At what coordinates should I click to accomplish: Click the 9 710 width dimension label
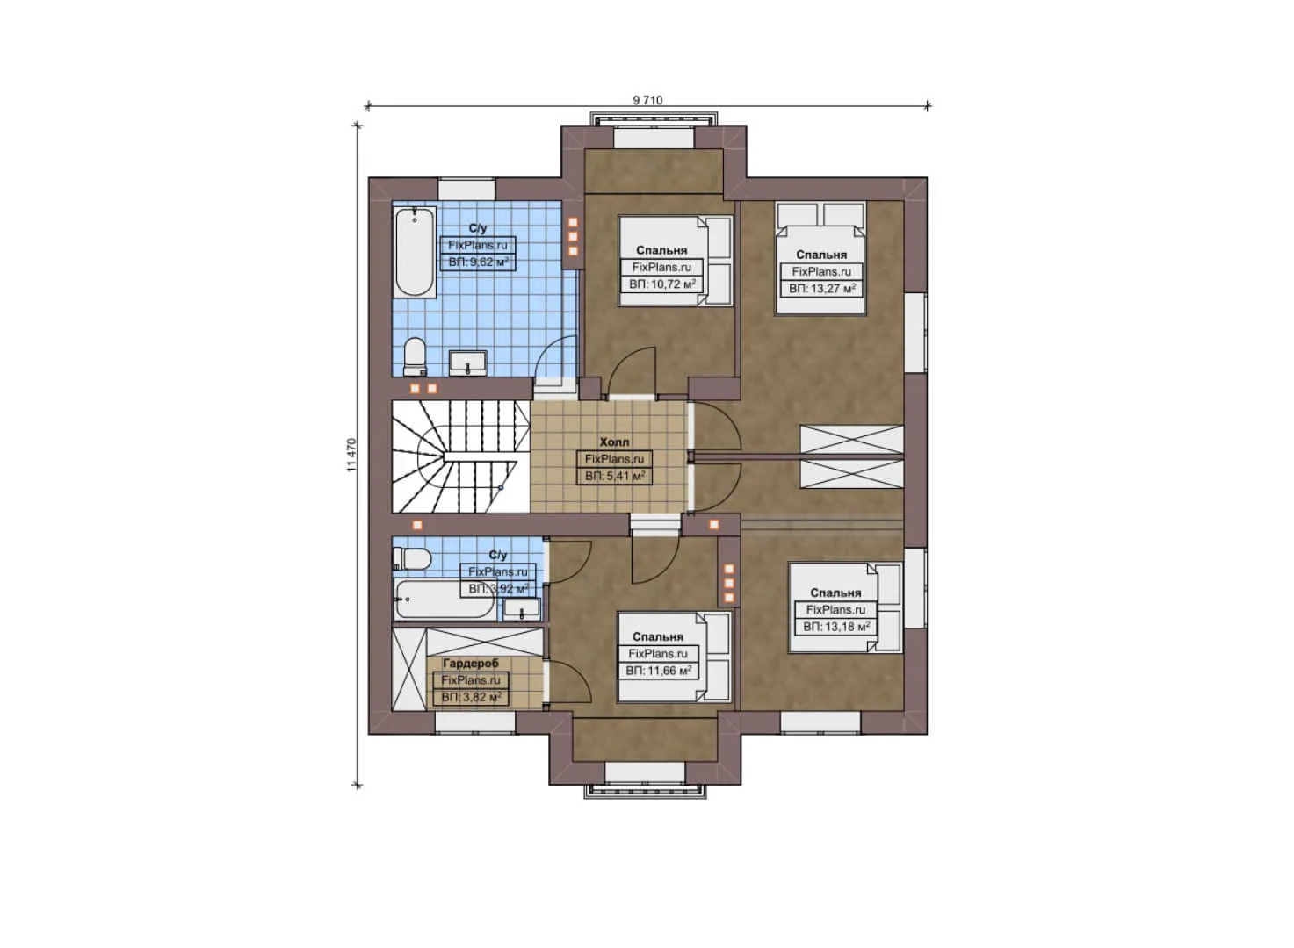647,100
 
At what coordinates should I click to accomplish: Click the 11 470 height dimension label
351,455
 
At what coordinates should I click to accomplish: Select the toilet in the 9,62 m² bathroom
414,356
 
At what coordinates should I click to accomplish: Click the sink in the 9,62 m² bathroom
467,362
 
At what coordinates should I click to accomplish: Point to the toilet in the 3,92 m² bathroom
410,558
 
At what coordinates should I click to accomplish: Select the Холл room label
614,442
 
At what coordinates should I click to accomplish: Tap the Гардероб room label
471,664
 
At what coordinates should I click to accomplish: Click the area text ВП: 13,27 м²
822,288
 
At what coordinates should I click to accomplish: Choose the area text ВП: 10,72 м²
662,284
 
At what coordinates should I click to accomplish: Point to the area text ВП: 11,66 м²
659,671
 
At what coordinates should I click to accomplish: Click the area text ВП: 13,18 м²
836,627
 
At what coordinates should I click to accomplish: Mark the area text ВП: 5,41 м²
615,476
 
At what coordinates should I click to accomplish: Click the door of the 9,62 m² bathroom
555,360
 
